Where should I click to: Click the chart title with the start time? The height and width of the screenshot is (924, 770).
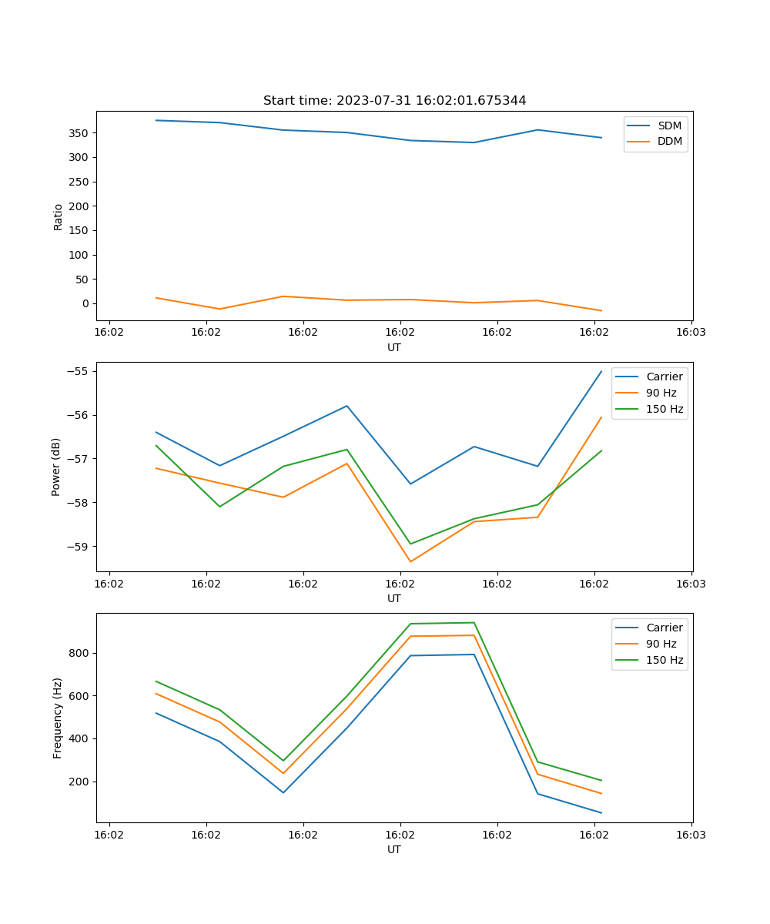394,101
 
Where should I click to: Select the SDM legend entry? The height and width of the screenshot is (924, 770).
669,126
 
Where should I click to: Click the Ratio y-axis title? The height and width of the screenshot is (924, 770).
59,216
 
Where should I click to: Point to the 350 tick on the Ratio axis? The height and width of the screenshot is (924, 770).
80,133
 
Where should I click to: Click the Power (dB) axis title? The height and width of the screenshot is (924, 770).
56,467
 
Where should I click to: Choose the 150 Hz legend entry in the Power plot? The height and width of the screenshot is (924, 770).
664,409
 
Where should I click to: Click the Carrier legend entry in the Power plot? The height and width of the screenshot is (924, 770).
664,377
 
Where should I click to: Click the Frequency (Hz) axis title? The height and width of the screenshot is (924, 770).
58,718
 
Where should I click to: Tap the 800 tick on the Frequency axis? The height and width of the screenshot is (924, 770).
81,653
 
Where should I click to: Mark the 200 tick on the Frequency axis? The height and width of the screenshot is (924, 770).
81,782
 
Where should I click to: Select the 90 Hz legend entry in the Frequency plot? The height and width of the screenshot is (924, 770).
661,644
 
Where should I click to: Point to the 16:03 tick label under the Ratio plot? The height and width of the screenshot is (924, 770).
691,333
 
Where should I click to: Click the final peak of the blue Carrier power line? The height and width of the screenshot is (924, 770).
601,371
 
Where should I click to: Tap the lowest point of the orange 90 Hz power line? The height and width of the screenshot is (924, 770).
410,561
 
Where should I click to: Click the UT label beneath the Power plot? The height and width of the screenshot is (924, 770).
394,598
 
